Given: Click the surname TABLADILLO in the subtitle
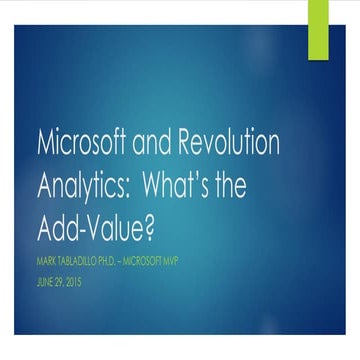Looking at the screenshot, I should coord(83,262).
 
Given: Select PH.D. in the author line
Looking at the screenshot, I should coord(126,262).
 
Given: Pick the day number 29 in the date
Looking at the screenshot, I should coord(64,283).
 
